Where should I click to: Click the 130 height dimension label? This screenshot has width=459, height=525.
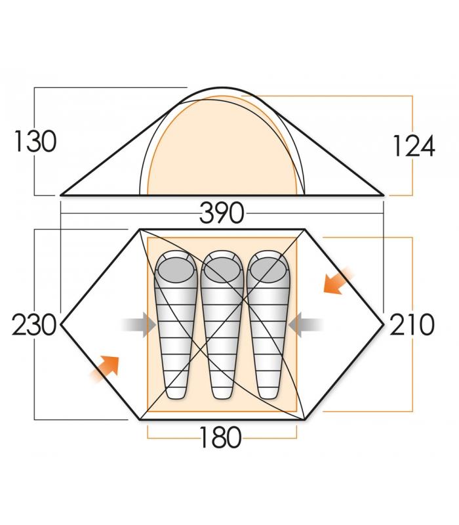click(x=35, y=141)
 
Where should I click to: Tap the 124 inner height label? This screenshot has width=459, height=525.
click(x=414, y=146)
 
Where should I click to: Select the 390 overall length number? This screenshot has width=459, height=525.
click(x=222, y=213)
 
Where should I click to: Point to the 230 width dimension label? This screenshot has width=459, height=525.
click(x=34, y=325)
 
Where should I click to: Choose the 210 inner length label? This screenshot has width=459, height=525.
click(x=412, y=325)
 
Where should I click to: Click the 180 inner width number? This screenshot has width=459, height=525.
click(x=220, y=437)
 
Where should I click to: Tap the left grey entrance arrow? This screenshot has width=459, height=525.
click(x=139, y=324)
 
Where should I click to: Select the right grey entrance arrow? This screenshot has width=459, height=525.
click(x=306, y=324)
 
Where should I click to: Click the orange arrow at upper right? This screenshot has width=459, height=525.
click(x=338, y=282)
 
